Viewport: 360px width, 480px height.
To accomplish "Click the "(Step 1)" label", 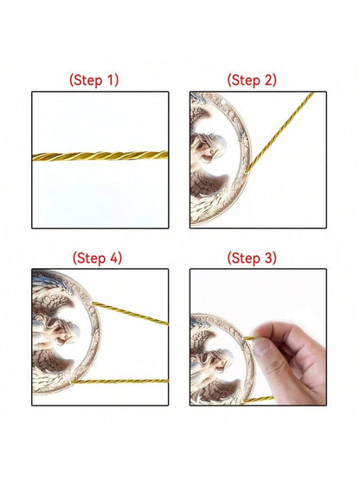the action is pos(93,80).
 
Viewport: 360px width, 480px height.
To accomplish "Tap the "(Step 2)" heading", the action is pos(252,80).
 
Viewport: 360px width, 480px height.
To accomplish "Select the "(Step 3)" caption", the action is pos(252,258).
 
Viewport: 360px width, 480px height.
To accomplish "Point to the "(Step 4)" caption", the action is pos(97,258).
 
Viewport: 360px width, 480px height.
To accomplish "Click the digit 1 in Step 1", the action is pos(110,80).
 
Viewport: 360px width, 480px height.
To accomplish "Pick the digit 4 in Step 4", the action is pos(113,258).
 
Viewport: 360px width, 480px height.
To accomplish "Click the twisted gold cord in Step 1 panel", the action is pos(100,157).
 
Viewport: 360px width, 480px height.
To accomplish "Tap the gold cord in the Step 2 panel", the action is pos(280,131).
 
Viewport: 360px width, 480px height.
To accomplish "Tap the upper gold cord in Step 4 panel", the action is pos(130,313).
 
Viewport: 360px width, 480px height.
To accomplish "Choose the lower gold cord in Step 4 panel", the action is pos(120,381).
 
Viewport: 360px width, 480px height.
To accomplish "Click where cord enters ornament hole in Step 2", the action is pos(247,171).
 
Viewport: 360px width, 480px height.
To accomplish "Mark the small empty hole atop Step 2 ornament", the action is pos(226,99).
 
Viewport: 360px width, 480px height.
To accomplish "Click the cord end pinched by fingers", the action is pos(248,338).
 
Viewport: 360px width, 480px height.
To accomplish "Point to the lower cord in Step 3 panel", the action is pos(259,400).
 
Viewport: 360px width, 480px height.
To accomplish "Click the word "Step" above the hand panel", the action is pos(246,259).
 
